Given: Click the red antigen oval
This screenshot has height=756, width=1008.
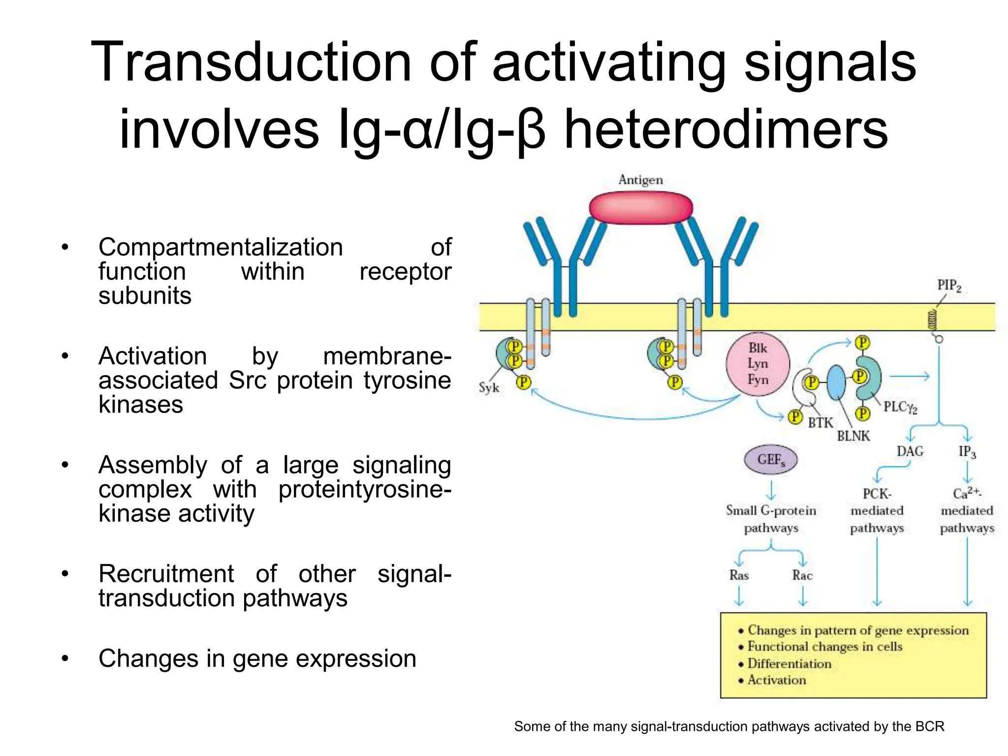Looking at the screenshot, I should click(640, 208).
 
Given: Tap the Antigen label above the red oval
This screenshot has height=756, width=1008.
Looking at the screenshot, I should click(640, 180).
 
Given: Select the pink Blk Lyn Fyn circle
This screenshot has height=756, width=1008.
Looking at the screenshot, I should click(757, 364).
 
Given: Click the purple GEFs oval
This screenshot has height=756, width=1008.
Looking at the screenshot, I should click(770, 460).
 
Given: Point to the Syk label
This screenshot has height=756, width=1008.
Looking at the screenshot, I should click(489, 388).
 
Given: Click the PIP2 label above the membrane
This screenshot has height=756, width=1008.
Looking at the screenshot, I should click(948, 285).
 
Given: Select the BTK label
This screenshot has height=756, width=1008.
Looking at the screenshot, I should click(820, 423).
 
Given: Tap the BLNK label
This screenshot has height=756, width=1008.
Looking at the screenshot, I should click(853, 436).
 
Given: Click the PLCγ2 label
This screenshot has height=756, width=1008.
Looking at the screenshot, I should click(900, 407).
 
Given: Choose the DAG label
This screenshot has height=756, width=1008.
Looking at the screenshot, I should click(910, 451).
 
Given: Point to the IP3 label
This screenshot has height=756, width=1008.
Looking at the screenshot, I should click(967, 452).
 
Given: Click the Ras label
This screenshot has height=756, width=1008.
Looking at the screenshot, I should click(739, 575).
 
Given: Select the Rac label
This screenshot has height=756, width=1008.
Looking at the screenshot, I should click(802, 575).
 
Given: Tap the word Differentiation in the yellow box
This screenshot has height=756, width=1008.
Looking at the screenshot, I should click(789, 663).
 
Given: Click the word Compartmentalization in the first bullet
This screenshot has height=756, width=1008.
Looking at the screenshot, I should click(220, 247).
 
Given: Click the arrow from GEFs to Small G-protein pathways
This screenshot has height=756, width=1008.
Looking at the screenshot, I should click(771, 490).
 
